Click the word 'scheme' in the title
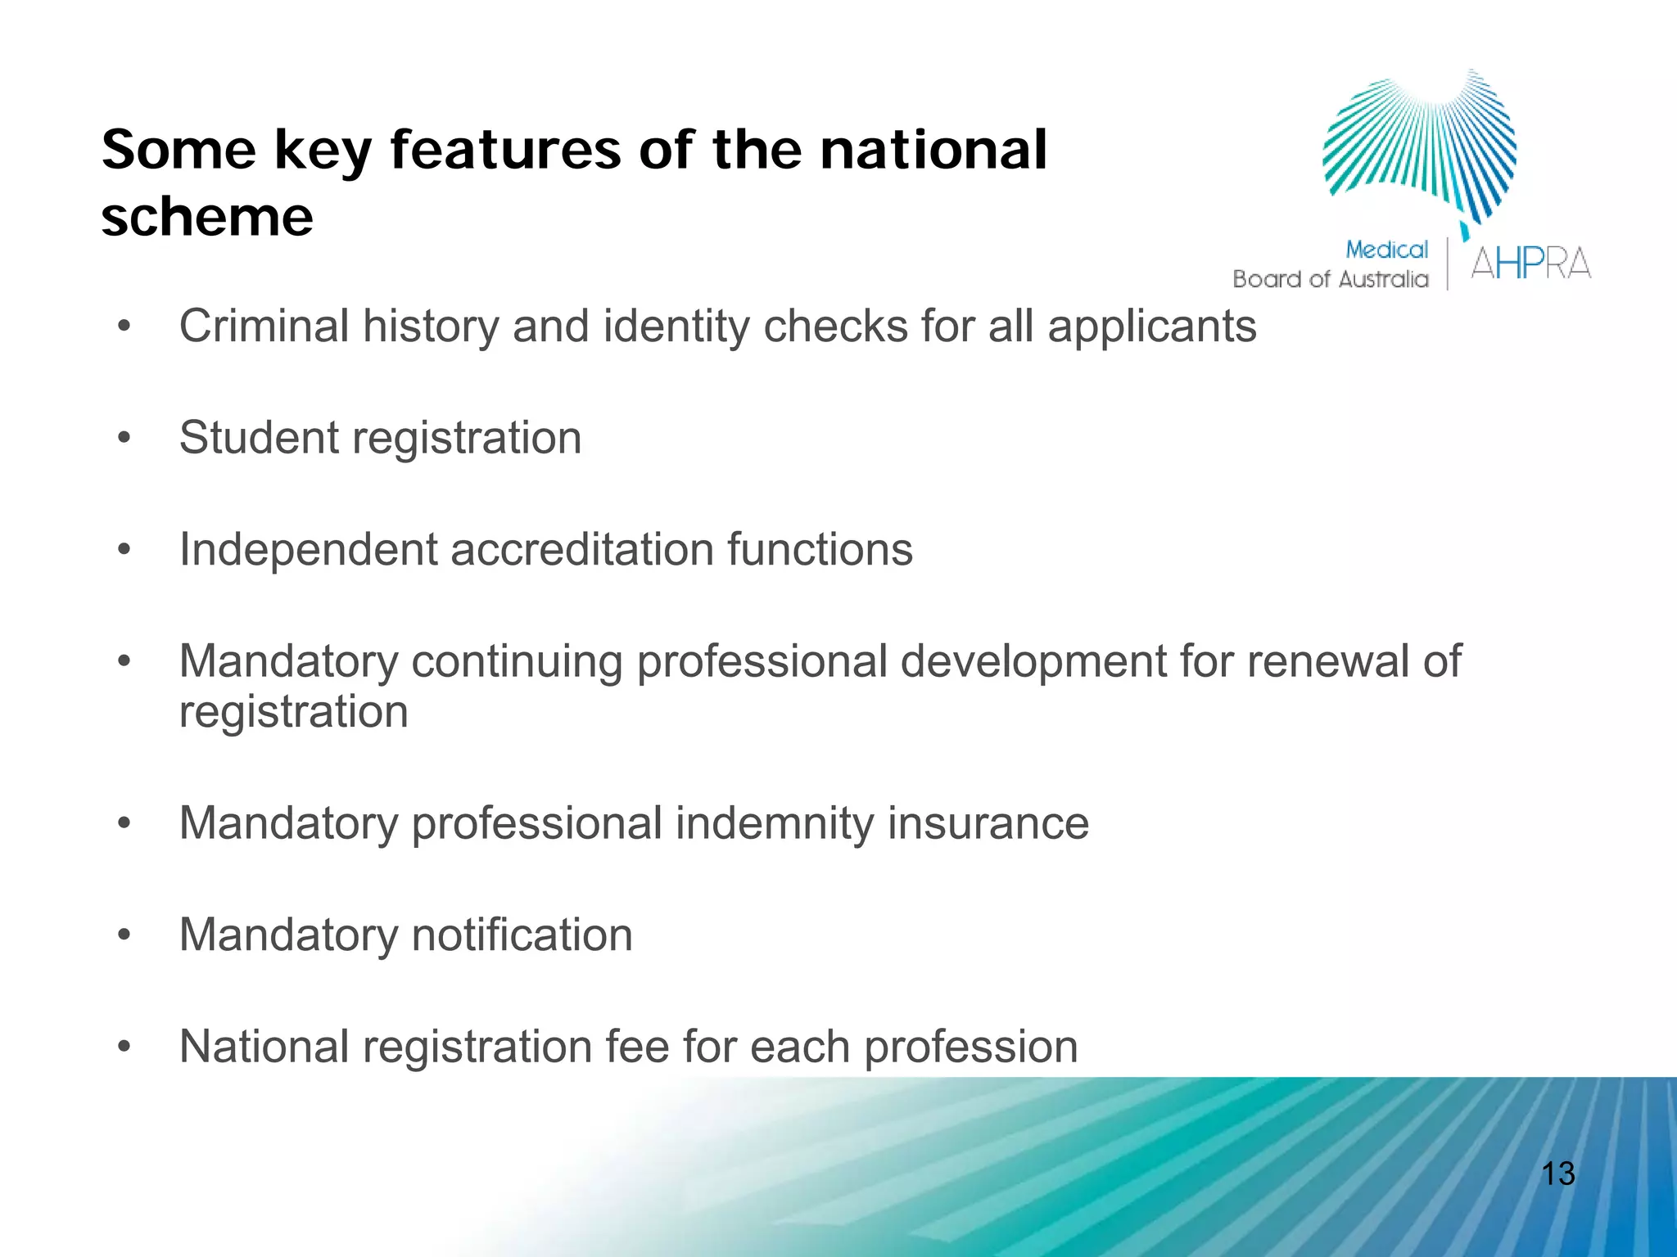pos(207,218)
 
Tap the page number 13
pos(1557,1174)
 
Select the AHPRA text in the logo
pos(1530,264)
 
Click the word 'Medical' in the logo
pos(1386,250)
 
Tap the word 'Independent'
pos(308,549)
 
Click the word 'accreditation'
pos(581,549)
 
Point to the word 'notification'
pos(522,935)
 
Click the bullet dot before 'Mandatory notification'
pos(124,935)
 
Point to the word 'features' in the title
pos(505,150)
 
